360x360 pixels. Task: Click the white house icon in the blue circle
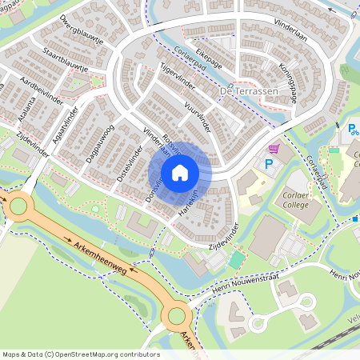[180, 172]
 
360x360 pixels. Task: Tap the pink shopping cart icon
[274, 149]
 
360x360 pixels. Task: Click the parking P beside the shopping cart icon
[269, 163]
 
